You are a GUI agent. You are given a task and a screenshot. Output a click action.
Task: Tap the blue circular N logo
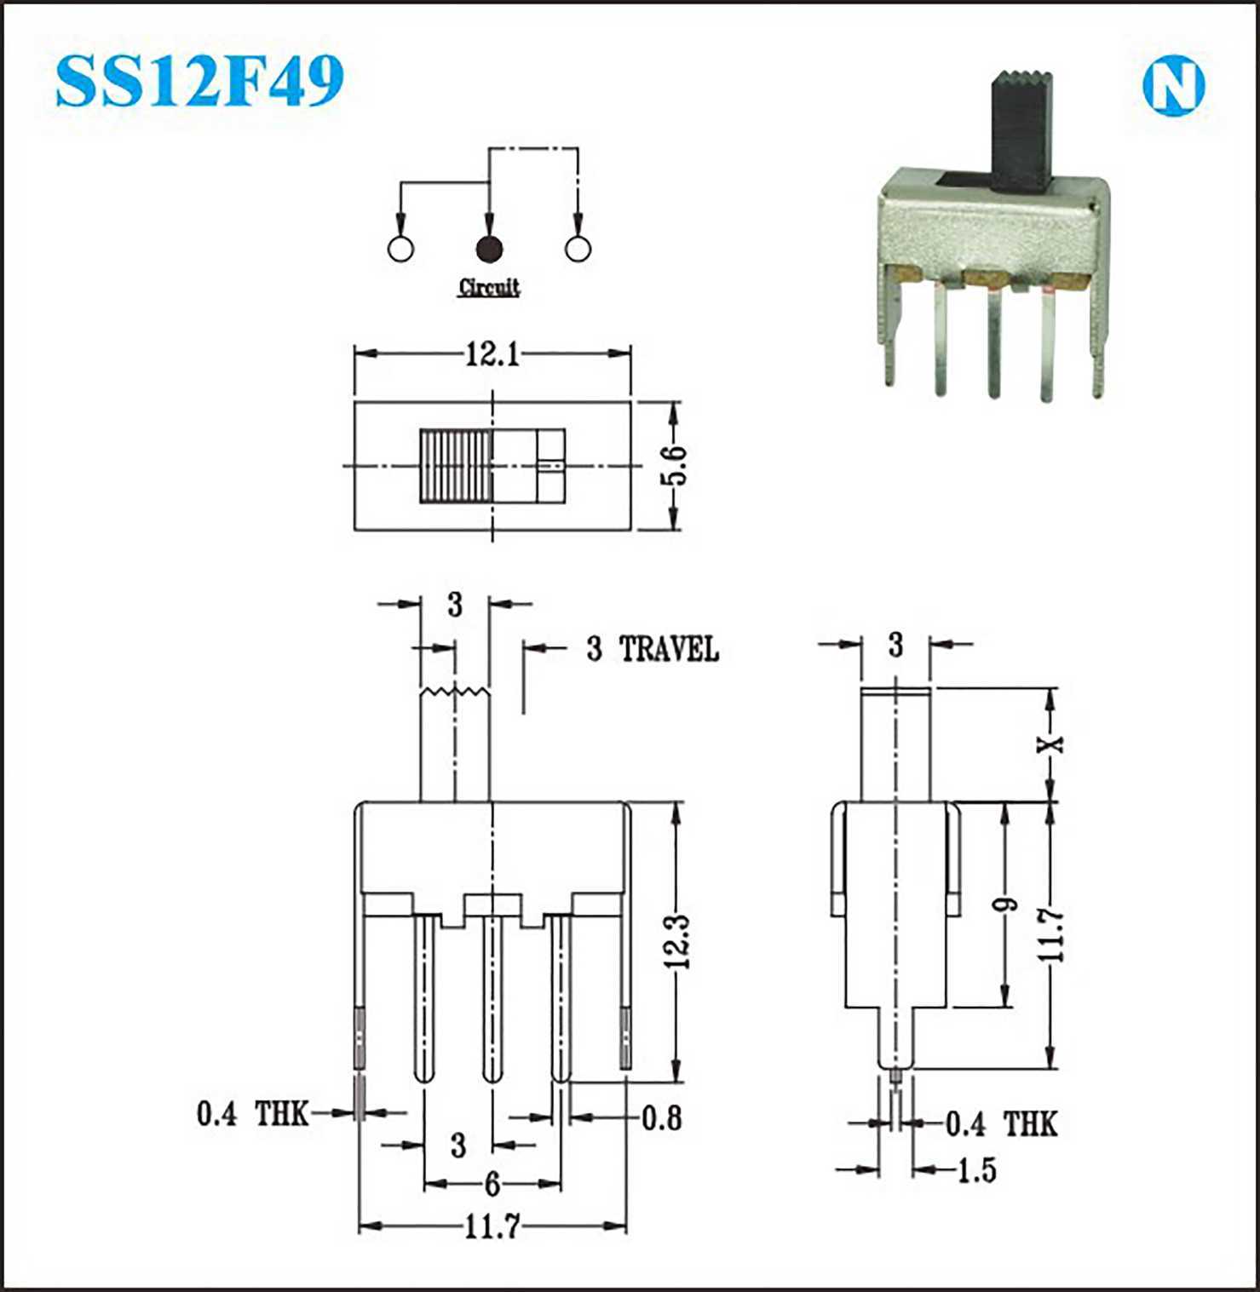(1174, 85)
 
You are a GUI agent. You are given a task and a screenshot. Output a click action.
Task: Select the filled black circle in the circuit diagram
(489, 249)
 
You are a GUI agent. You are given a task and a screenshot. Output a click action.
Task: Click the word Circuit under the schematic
(489, 287)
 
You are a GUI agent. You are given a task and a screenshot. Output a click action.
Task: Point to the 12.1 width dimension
(492, 353)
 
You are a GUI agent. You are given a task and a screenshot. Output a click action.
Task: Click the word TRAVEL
(669, 649)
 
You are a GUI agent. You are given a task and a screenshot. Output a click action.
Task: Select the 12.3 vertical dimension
(678, 942)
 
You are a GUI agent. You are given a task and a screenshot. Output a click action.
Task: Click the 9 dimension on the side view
(1007, 904)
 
